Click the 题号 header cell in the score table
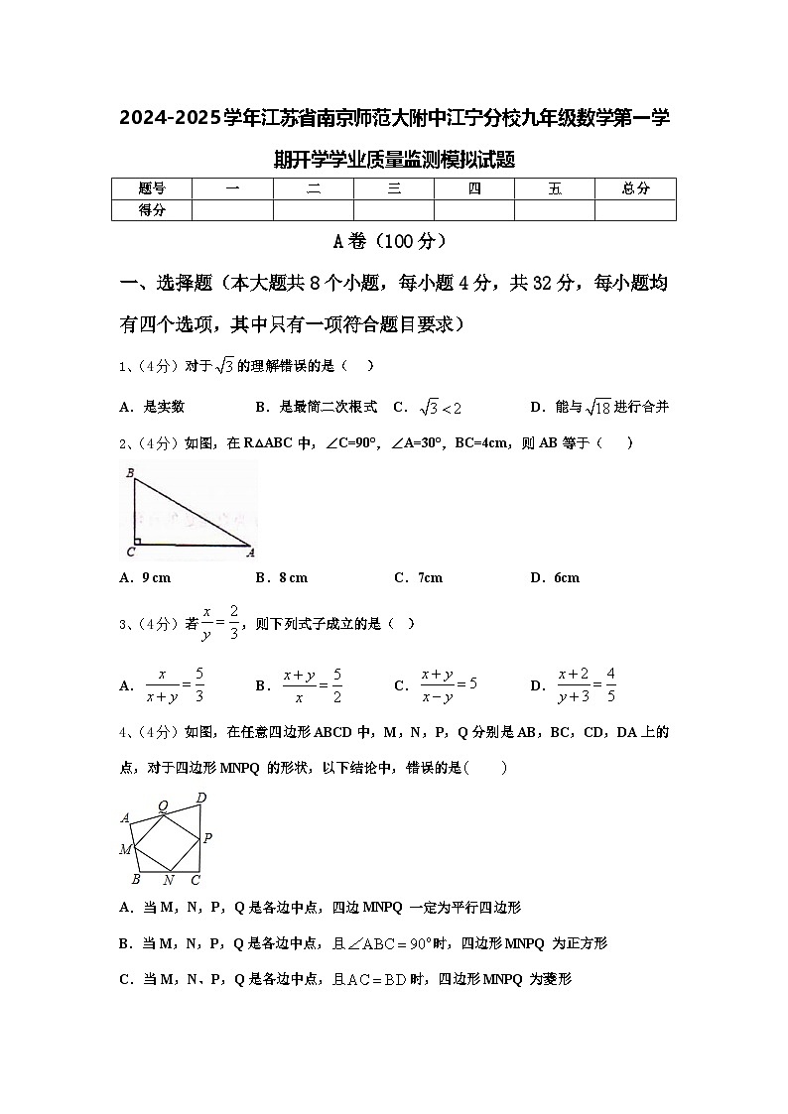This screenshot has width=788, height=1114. (x=151, y=188)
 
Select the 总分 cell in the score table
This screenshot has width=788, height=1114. (x=635, y=188)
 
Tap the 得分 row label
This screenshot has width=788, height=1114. (x=151, y=209)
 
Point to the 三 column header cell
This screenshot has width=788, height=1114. (x=394, y=188)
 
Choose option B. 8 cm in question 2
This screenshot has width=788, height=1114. (x=282, y=577)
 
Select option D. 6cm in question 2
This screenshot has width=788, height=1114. (x=555, y=577)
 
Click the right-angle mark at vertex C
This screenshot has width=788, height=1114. (x=138, y=541)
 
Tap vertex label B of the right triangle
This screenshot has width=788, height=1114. (x=129, y=473)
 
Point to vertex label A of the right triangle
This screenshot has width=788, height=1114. (x=250, y=553)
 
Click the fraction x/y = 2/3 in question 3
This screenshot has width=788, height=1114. (x=220, y=623)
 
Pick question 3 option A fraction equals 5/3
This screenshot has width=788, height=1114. (x=175, y=684)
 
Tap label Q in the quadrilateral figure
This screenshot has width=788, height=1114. (x=163, y=805)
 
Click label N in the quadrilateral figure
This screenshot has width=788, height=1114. (x=168, y=880)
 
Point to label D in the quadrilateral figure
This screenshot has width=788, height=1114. (x=201, y=798)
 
